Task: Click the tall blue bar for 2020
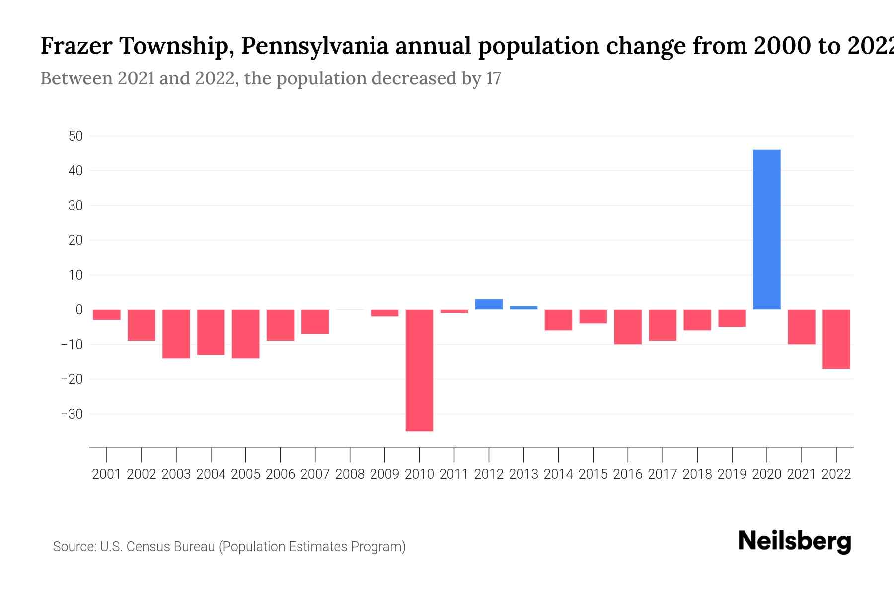tap(766, 229)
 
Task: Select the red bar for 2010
tap(419, 370)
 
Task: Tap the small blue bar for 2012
tap(489, 304)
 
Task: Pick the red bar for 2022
tap(836, 339)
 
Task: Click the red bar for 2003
tap(176, 334)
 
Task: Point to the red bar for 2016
tap(628, 327)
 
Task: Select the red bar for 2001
tap(107, 315)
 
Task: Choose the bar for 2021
tap(801, 327)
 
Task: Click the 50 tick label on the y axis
tap(75, 136)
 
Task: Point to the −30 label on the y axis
tap(72, 414)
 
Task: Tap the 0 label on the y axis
tap(79, 310)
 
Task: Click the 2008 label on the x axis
tap(350, 474)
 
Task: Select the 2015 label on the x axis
tap(593, 474)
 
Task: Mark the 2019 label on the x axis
tap(732, 474)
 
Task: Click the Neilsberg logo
tap(794, 542)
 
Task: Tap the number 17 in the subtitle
tap(493, 78)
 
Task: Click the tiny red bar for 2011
tap(454, 311)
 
